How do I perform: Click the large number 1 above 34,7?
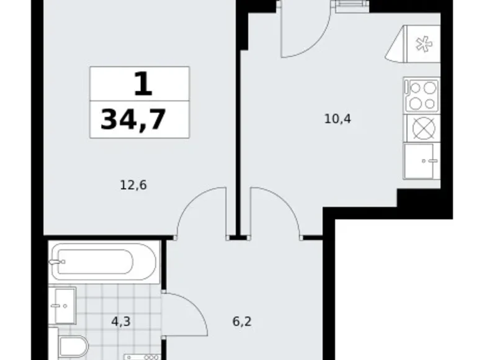[x=142, y=83]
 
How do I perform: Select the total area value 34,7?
[x=133, y=118]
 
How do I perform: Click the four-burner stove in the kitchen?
[x=421, y=96]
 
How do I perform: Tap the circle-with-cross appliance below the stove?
[x=421, y=128]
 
